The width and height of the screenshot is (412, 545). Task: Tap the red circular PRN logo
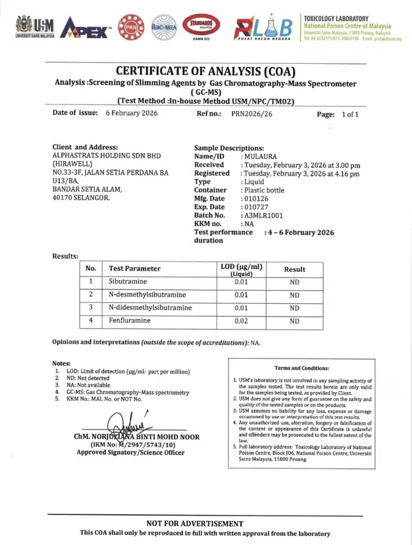(130, 27)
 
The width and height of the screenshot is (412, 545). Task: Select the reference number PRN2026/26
(251, 113)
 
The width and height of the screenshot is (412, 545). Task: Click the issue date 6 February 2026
(131, 113)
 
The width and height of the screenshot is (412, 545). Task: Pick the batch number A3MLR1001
(264, 216)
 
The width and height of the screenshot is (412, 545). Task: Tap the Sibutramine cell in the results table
(128, 282)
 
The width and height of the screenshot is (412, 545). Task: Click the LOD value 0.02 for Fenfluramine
(241, 321)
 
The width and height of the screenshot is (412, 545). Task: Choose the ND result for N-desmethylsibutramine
(295, 295)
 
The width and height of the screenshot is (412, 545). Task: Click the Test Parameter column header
(134, 269)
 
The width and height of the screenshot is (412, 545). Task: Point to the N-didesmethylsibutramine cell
(150, 308)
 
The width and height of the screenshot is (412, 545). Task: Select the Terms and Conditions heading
(301, 368)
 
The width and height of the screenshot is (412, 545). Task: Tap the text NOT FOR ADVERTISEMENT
(195, 524)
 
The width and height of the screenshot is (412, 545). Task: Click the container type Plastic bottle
(264, 190)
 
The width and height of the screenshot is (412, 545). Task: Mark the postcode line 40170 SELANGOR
(81, 198)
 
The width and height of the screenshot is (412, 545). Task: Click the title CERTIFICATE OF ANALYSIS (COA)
(205, 71)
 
